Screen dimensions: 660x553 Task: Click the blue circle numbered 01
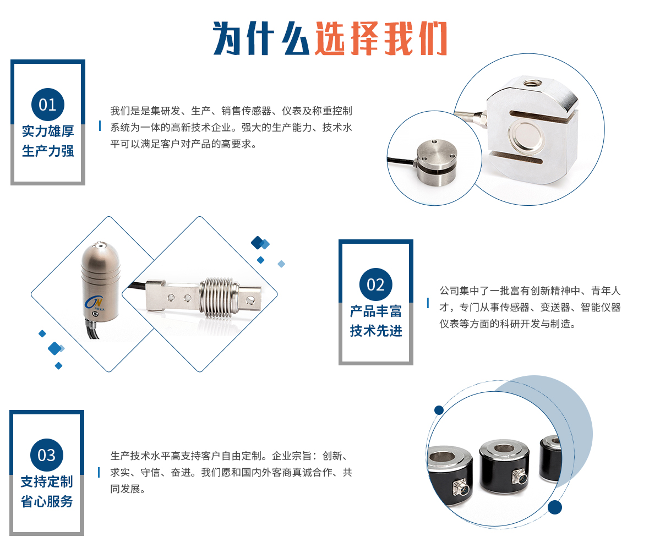click(x=47, y=105)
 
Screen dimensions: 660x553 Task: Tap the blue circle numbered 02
click(x=375, y=284)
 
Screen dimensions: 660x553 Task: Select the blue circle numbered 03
click(x=47, y=455)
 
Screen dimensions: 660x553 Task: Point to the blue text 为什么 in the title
click(x=261, y=39)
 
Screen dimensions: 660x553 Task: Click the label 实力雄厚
click(x=48, y=132)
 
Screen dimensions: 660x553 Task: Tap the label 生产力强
click(x=48, y=151)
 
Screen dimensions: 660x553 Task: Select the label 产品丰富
click(x=376, y=311)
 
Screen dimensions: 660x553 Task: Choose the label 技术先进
click(x=376, y=331)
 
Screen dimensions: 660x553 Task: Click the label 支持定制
click(x=47, y=481)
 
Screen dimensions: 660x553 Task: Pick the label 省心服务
click(x=47, y=501)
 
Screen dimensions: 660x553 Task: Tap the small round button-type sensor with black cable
click(x=436, y=162)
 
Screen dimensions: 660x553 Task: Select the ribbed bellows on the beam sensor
click(x=216, y=297)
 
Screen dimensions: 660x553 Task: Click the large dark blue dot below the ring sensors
click(x=555, y=507)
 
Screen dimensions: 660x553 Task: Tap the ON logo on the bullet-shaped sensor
click(x=94, y=302)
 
